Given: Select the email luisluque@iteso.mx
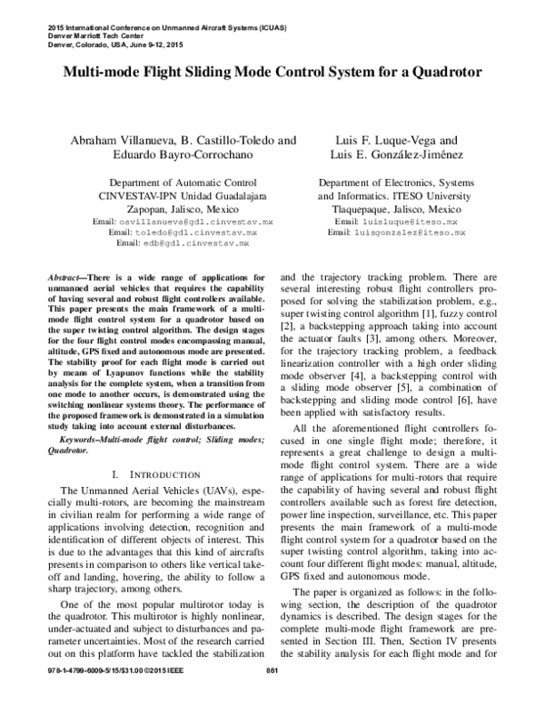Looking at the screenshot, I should [409, 222].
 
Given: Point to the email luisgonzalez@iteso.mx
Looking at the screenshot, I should [409, 233].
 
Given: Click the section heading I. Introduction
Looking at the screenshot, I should [149, 474].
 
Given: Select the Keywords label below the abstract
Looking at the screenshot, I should [78, 440].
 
